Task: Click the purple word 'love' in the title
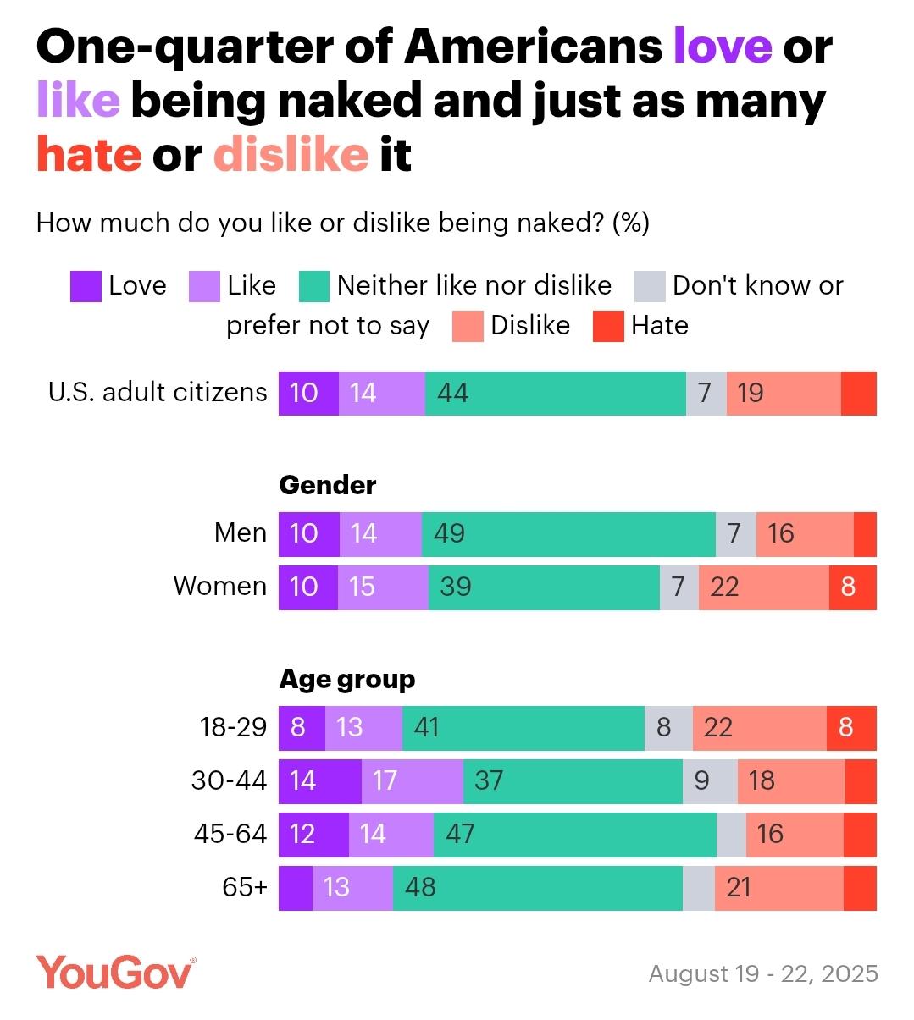pos(722,47)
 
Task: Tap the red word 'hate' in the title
pos(88,155)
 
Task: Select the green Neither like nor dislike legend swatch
pos(313,287)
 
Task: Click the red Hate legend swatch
pos(607,327)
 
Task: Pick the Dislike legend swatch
pos(468,327)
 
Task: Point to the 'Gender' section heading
pos(328,485)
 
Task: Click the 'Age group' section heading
pos(347,679)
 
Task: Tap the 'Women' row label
pos(219,586)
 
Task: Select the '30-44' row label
pos(229,780)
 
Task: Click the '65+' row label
pos(244,886)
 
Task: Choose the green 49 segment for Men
pos(568,533)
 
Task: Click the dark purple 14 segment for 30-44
pos(319,780)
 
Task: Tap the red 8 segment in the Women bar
pos(852,587)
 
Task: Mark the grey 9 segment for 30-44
pos(710,780)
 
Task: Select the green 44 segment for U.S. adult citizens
pos(555,393)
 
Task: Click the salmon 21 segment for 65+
pos(778,887)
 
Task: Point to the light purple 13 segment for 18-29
pos(363,727)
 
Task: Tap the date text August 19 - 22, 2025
pos(763,973)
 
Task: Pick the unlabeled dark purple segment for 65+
pos(295,887)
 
